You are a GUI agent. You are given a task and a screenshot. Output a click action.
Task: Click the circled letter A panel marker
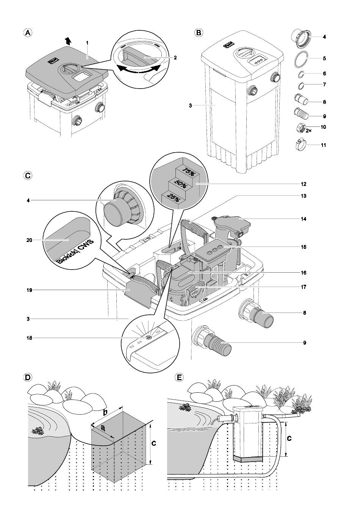[x=28, y=33]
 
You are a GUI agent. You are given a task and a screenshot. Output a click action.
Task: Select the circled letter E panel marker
[x=179, y=378]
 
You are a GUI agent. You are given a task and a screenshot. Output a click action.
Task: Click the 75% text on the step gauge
[x=188, y=173]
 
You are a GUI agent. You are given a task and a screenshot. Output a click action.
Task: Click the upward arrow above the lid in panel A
[x=68, y=41]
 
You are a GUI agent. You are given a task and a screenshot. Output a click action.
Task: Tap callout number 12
[x=304, y=184]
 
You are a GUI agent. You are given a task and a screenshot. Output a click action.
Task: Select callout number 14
[x=304, y=219]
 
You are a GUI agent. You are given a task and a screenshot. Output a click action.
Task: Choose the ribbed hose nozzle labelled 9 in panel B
[x=301, y=113]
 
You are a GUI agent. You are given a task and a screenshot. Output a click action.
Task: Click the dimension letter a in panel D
[x=102, y=428]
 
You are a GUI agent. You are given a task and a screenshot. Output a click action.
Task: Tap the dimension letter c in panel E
[x=289, y=438]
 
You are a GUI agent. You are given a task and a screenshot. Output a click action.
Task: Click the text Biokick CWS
[x=75, y=251]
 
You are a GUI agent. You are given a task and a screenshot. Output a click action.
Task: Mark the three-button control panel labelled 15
[x=214, y=250]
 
